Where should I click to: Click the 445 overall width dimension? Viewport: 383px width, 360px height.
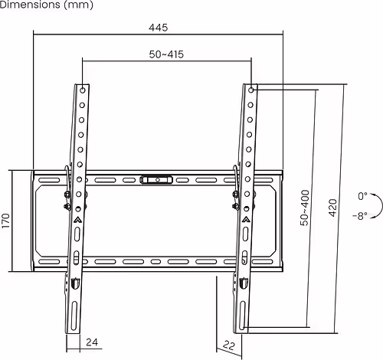pyautogui.click(x=159, y=27)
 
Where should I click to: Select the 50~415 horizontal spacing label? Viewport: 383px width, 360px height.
pyautogui.click(x=166, y=54)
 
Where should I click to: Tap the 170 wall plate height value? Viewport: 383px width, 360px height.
pyautogui.click(x=6, y=221)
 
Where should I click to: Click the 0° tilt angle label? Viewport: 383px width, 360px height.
pyautogui.click(x=362, y=196)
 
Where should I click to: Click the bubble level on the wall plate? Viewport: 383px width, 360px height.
pyautogui.click(x=155, y=181)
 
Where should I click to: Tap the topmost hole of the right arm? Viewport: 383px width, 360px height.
pyautogui.click(x=252, y=90)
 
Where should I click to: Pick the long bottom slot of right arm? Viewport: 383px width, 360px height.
pyautogui.click(x=243, y=315)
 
